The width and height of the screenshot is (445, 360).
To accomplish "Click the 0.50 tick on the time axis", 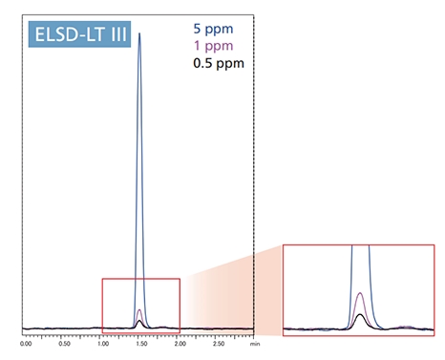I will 64,342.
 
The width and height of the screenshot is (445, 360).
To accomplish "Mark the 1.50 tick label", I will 140,342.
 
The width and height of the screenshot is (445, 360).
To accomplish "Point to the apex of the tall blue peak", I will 140,33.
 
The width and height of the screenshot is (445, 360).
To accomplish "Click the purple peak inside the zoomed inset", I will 359,295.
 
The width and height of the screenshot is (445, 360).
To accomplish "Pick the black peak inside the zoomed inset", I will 359,315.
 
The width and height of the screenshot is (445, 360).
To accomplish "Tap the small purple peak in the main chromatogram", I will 140,311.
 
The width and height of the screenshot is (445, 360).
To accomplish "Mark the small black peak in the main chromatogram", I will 140,322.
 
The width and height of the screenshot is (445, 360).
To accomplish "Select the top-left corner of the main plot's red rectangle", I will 102,279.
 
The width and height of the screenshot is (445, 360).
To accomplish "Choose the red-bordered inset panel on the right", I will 359,290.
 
